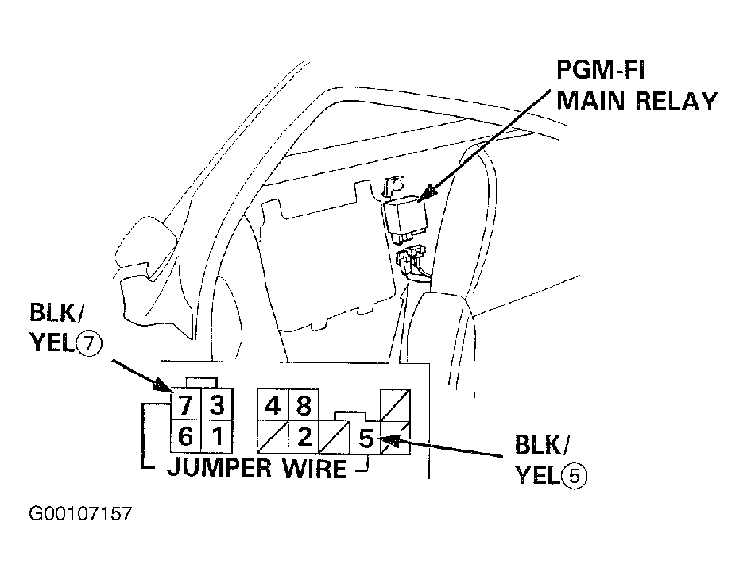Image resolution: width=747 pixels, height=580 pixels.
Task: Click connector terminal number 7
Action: click(x=184, y=406)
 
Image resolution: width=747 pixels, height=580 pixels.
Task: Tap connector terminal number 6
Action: click(x=184, y=436)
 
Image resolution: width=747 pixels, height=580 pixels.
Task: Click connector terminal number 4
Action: click(x=272, y=406)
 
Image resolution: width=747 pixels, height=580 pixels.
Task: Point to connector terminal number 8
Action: click(x=303, y=406)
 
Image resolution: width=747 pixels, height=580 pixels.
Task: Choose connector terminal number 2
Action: click(x=303, y=436)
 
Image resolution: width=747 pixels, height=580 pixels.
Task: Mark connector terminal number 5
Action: click(x=366, y=438)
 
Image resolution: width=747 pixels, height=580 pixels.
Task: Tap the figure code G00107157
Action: click(x=80, y=514)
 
